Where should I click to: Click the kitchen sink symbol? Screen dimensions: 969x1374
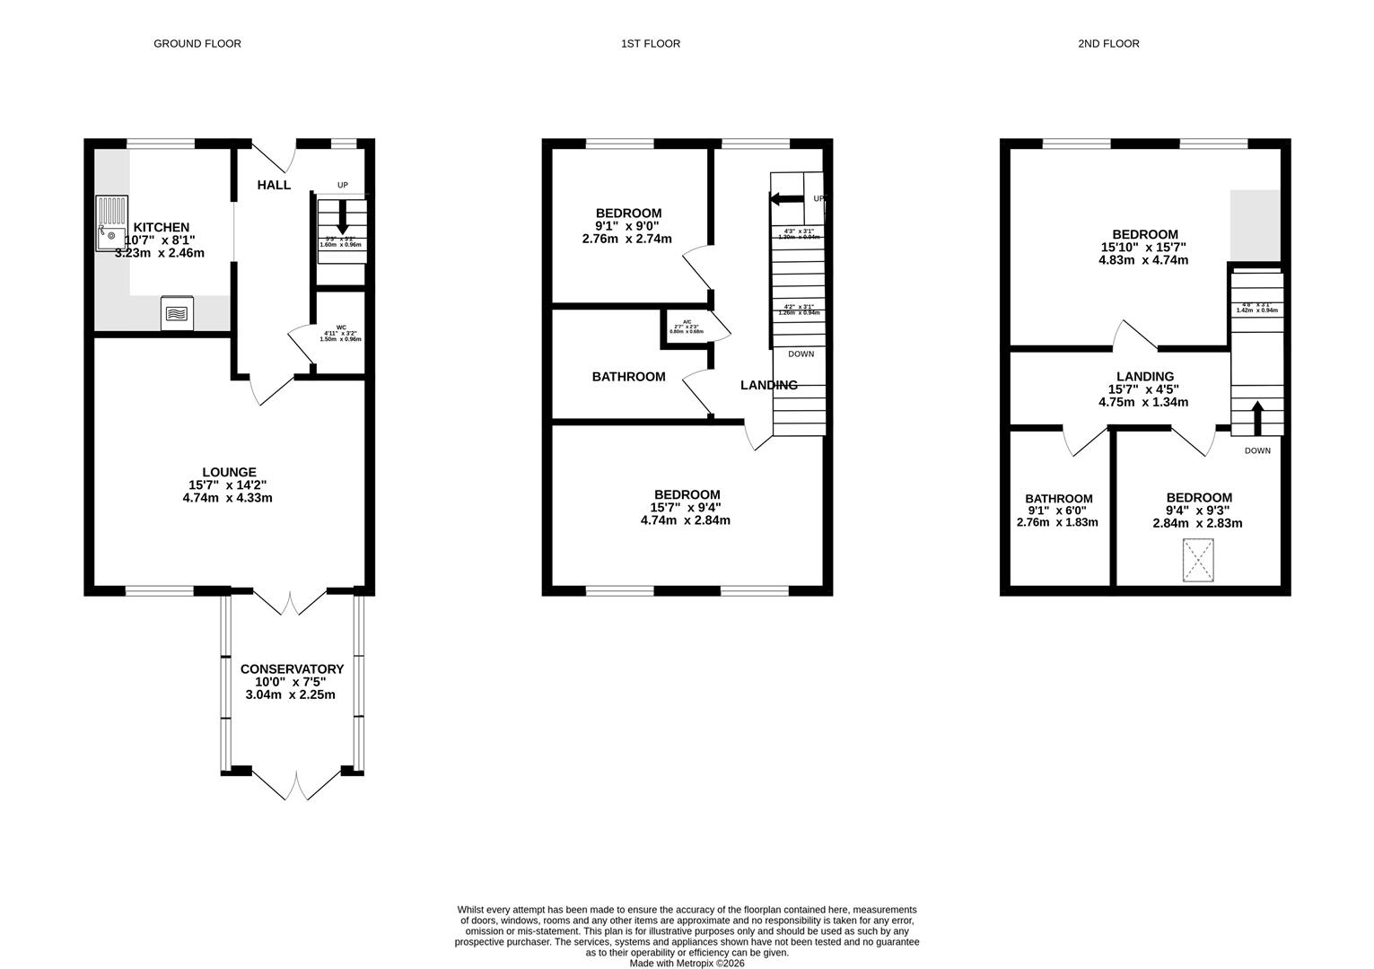(x=111, y=223)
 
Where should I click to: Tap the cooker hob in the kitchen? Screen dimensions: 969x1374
(x=177, y=313)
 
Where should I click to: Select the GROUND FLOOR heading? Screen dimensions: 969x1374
(x=197, y=43)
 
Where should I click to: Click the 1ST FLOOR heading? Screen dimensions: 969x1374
(x=651, y=43)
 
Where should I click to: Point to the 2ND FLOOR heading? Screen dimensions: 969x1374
(x=1108, y=43)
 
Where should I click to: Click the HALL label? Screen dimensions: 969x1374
(x=274, y=185)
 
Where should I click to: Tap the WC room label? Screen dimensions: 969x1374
(x=341, y=327)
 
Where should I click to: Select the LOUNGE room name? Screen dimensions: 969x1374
(x=229, y=472)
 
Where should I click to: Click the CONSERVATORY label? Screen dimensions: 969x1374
(x=292, y=668)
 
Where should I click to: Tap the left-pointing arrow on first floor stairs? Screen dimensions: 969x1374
(x=786, y=198)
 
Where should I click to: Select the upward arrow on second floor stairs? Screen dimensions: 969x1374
(x=1256, y=417)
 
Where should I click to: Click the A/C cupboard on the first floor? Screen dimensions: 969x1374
(x=687, y=327)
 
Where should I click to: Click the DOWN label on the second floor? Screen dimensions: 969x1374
(x=1257, y=450)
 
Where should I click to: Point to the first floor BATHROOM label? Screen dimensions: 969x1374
(x=628, y=377)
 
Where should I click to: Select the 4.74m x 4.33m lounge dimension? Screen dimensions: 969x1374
(x=228, y=497)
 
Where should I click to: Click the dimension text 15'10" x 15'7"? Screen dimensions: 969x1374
(x=1143, y=248)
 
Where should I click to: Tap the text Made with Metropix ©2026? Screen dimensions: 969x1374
(x=687, y=963)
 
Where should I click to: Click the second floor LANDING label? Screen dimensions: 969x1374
(x=1144, y=377)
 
